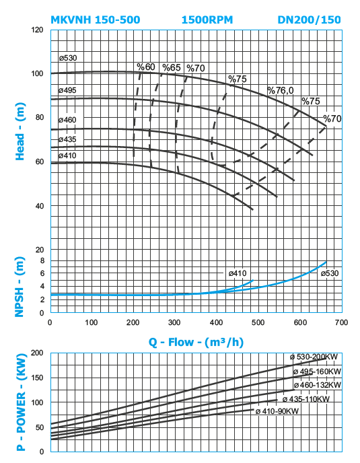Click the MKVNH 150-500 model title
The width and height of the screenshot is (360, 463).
pyautogui.click(x=96, y=20)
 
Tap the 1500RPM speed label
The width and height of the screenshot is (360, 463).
pyautogui.click(x=207, y=20)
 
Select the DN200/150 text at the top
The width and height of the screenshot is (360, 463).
pyautogui.click(x=310, y=20)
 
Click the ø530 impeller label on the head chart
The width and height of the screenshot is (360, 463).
pyautogui.click(x=68, y=58)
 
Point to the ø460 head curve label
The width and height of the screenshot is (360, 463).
pyautogui.click(x=67, y=120)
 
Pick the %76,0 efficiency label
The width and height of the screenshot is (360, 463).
pyautogui.click(x=281, y=90)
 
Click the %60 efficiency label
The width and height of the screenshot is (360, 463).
pyautogui.click(x=146, y=67)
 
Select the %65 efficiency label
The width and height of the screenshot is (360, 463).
pyautogui.click(x=172, y=67)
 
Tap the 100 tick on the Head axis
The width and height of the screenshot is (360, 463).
pyautogui.click(x=38, y=73)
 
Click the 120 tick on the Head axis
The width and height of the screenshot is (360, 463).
pyautogui.click(x=38, y=30)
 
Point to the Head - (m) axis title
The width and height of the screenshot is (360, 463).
pyautogui.click(x=20, y=131)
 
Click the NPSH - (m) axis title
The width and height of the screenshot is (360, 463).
pyautogui.click(x=20, y=287)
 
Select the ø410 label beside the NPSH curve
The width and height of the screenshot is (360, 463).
pyautogui.click(x=238, y=273)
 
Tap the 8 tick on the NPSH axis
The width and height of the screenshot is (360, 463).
pyautogui.click(x=42, y=260)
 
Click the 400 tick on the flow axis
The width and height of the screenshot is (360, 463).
pyautogui.click(x=216, y=322)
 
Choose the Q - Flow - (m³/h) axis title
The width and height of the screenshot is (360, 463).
pyautogui.click(x=196, y=343)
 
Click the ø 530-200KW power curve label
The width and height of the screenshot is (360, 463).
pyautogui.click(x=314, y=357)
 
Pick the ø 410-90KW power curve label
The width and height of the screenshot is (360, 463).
pyautogui.click(x=277, y=411)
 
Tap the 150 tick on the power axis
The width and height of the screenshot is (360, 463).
pyautogui.click(x=38, y=378)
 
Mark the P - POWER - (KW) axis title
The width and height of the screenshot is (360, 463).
pyautogui.click(x=22, y=402)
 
